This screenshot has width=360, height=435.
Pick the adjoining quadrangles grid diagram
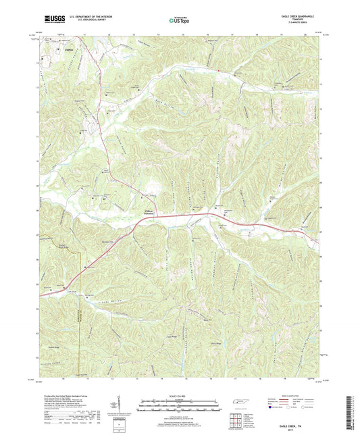pyautogui.click(x=236, y=420)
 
